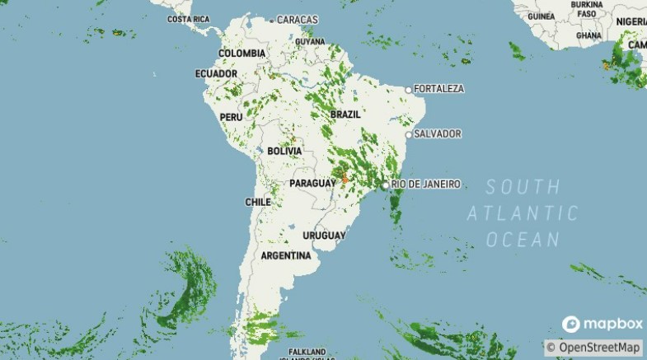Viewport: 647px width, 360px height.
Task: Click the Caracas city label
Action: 298,19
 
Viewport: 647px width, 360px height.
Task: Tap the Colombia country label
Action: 241,54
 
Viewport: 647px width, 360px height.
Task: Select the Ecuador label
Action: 216,73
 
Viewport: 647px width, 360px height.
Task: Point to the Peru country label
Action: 231,117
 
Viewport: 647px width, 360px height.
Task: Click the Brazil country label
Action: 345,114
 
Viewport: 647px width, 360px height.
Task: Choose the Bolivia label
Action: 284,152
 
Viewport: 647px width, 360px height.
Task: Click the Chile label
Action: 258,202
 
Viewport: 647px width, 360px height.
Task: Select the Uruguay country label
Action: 323,236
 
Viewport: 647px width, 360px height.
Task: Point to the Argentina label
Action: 286,255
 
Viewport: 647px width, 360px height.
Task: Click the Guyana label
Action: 310,41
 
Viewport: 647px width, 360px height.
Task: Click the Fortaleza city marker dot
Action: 408,89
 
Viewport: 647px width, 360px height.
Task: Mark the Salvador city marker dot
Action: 408,133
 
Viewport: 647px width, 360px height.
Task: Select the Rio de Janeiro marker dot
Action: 385,185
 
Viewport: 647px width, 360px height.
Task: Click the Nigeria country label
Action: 631,21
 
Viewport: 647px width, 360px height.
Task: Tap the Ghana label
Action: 588,35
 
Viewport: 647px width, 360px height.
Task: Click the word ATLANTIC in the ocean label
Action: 523,213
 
